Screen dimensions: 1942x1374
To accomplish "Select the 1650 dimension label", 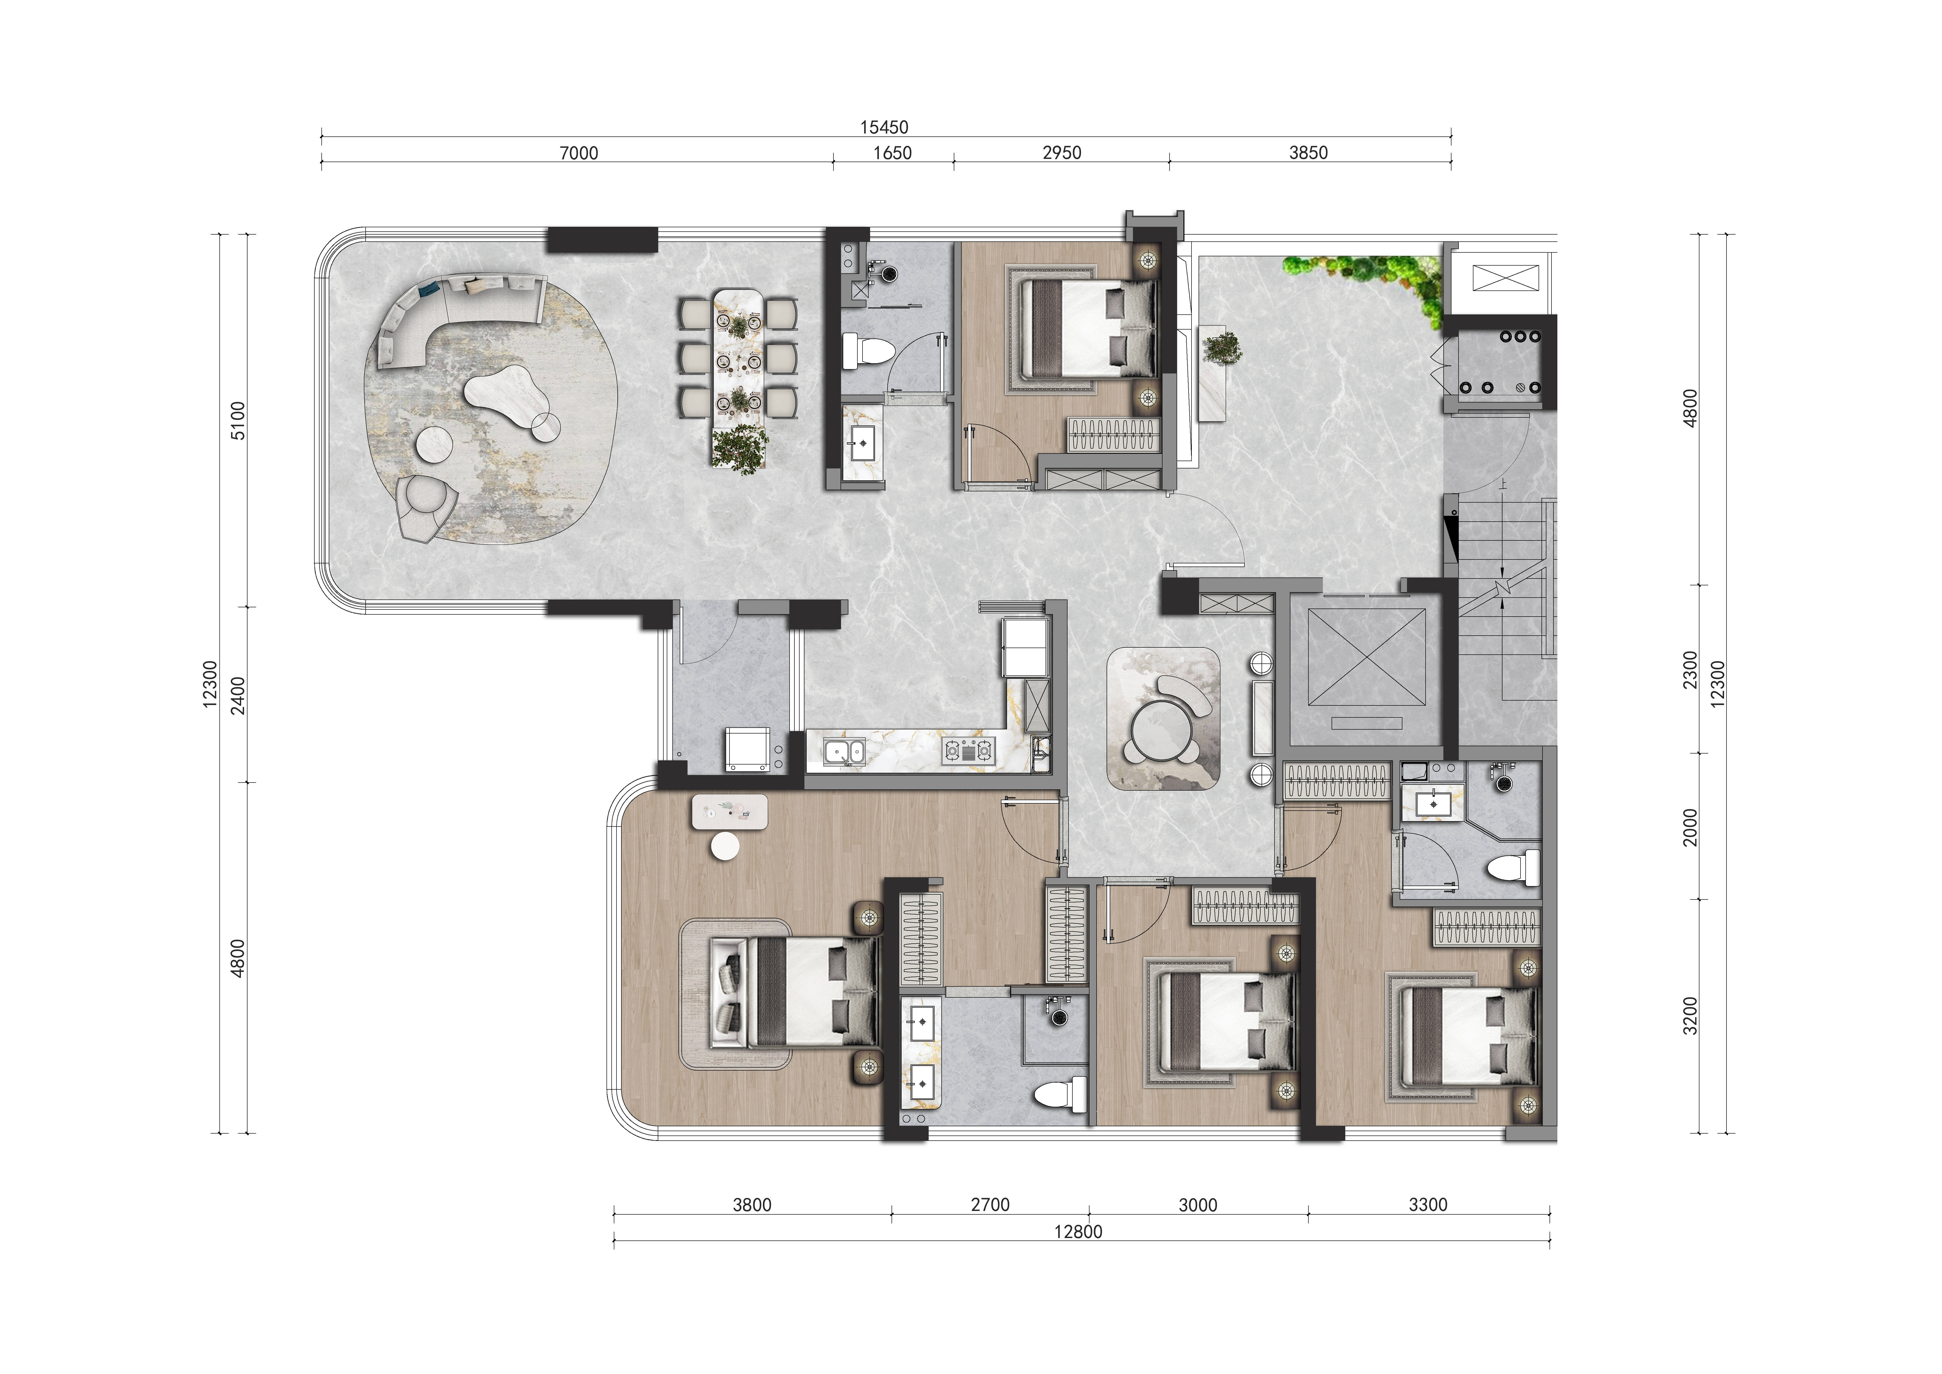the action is tap(892, 153).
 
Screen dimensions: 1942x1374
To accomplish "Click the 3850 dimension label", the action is tap(1308, 153).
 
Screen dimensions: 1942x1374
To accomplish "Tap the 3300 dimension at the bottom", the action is tap(1428, 1205).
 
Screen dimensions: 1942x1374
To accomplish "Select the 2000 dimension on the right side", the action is tap(1690, 826).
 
